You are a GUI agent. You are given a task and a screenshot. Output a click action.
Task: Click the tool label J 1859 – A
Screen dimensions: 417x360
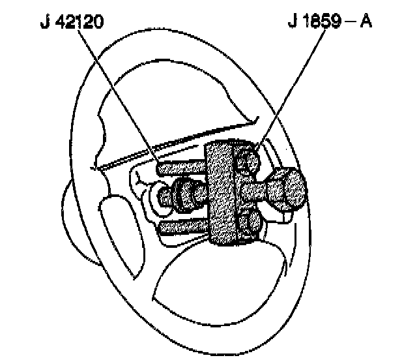click(x=328, y=24)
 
